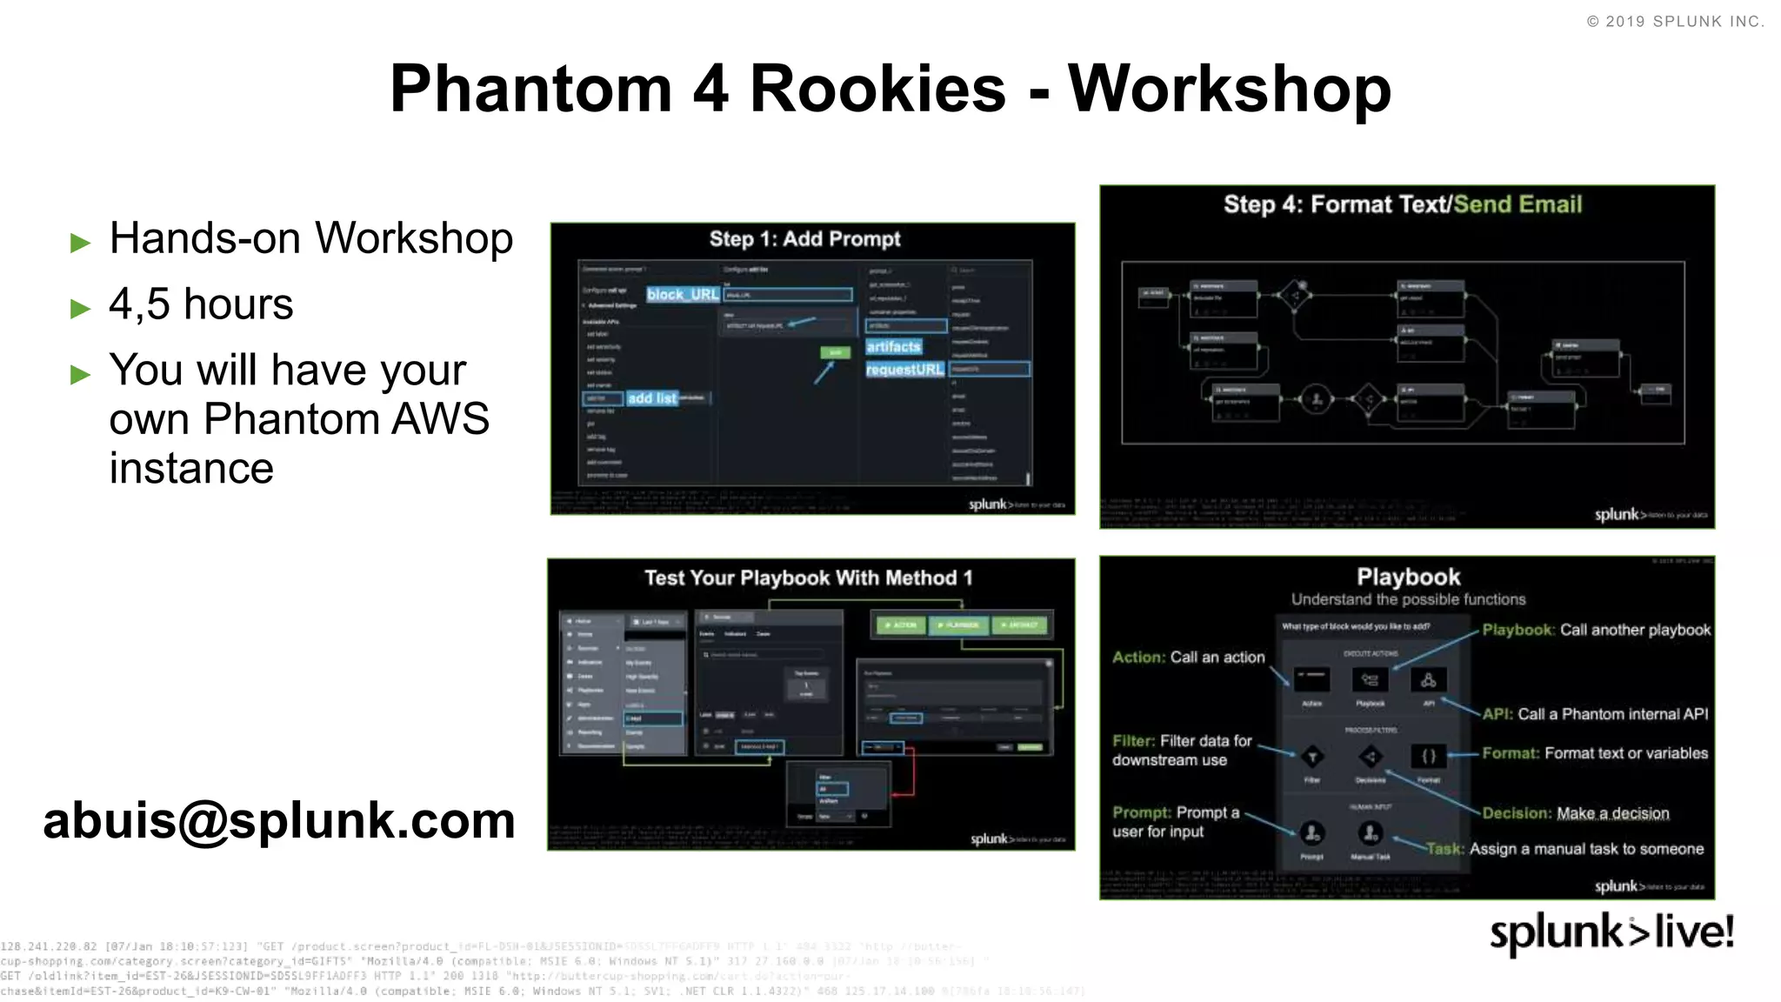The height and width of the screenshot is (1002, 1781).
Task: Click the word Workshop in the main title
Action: pyautogui.click(x=1229, y=89)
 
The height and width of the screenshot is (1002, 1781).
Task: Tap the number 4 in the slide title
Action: pyautogui.click(x=710, y=89)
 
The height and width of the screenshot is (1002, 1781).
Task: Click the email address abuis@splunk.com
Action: pyautogui.click(x=279, y=820)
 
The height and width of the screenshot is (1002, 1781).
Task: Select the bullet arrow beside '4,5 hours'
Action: pyautogui.click(x=80, y=308)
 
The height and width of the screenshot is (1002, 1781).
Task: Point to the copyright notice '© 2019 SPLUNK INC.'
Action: pyautogui.click(x=1675, y=22)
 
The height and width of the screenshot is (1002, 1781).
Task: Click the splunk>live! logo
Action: pyautogui.click(x=1611, y=932)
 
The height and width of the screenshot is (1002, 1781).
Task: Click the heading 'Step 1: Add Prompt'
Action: pyautogui.click(x=804, y=239)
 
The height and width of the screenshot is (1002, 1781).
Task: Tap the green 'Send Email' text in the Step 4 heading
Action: pyautogui.click(x=1518, y=204)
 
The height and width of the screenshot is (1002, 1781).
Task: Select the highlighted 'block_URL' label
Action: pyautogui.click(x=683, y=294)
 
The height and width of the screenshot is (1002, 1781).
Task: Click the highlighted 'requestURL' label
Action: pyautogui.click(x=904, y=370)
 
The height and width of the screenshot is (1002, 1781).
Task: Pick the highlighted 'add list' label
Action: pyautogui.click(x=651, y=398)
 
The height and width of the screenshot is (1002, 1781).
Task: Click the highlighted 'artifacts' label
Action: pyautogui.click(x=893, y=346)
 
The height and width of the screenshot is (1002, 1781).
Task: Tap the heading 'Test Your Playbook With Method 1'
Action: pyautogui.click(x=808, y=578)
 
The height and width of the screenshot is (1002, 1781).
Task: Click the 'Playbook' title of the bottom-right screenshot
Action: pyautogui.click(x=1408, y=577)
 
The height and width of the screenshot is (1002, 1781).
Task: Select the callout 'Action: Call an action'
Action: pyautogui.click(x=1188, y=658)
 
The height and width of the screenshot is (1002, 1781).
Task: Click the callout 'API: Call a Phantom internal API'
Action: pyautogui.click(x=1595, y=714)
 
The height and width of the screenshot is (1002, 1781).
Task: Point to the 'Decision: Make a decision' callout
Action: pyautogui.click(x=1575, y=813)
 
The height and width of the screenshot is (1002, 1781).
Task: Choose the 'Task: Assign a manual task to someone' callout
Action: pyautogui.click(x=1564, y=849)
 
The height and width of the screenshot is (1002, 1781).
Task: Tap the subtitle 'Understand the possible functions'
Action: pyautogui.click(x=1408, y=599)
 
